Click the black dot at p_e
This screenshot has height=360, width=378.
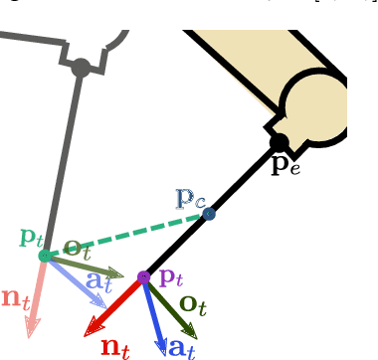[x=279, y=142]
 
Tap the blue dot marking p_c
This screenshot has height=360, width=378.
[x=209, y=213]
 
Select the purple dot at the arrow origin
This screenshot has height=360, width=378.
[x=144, y=276]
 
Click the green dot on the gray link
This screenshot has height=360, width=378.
[x=45, y=256]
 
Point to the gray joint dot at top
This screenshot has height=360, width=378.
[x=81, y=68]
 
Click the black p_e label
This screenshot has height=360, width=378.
[x=286, y=165]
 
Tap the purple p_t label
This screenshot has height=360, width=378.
[x=171, y=278]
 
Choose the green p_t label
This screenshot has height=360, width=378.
[x=32, y=238]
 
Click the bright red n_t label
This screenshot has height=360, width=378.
[x=116, y=347]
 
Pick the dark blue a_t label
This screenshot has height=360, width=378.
[x=182, y=347]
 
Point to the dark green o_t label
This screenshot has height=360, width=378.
[x=193, y=304]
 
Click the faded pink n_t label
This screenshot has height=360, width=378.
[x=15, y=296]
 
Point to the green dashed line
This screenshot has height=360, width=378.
[x=129, y=234]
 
